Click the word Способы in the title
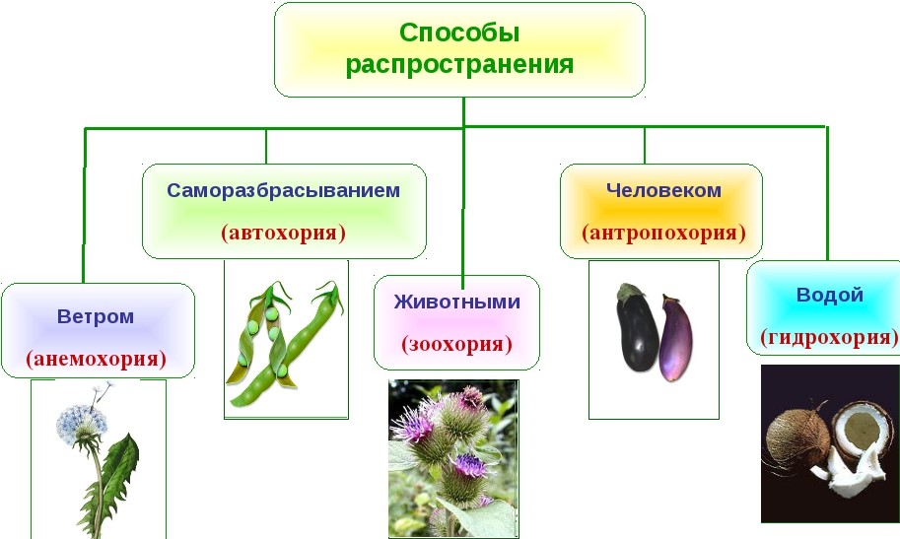(459, 34)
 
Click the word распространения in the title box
(459, 64)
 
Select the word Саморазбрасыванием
(284, 190)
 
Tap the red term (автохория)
(284, 233)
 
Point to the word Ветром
(96, 316)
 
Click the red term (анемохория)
(96, 359)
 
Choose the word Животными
(456, 302)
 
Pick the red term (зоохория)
(456, 344)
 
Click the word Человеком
(663, 190)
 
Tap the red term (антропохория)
(663, 233)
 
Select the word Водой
(830, 295)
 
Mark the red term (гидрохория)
(829, 336)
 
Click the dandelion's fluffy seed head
(82, 425)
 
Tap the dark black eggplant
(637, 327)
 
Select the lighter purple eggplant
(676, 339)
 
